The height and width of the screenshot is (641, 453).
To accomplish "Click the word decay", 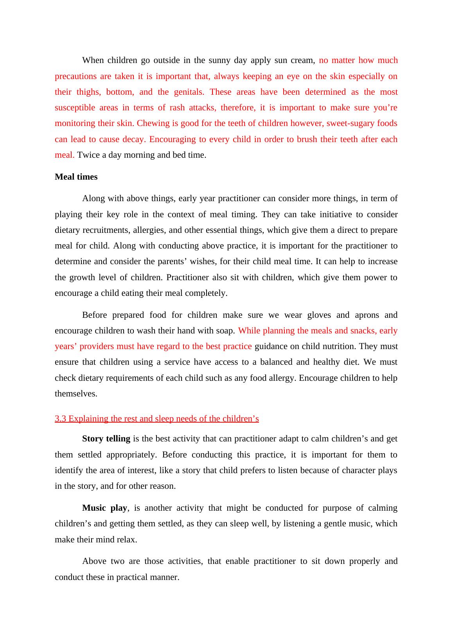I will (x=134, y=139).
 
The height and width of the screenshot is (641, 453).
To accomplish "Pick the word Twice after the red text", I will (x=88, y=155).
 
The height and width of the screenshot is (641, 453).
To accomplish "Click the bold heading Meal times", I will (x=76, y=177).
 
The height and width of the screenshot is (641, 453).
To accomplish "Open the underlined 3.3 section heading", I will (x=156, y=419).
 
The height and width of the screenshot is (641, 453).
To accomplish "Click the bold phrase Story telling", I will (x=106, y=439).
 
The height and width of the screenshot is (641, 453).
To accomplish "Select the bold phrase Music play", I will (x=104, y=508).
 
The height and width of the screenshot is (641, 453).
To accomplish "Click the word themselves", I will (x=76, y=394).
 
